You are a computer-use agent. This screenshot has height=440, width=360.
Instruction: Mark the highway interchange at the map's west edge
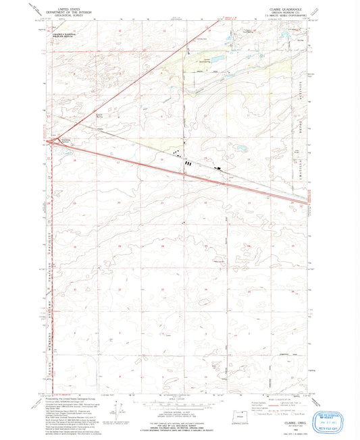48,141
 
